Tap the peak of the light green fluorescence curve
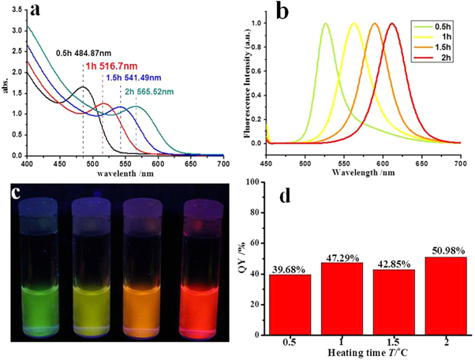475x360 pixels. [325, 24]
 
